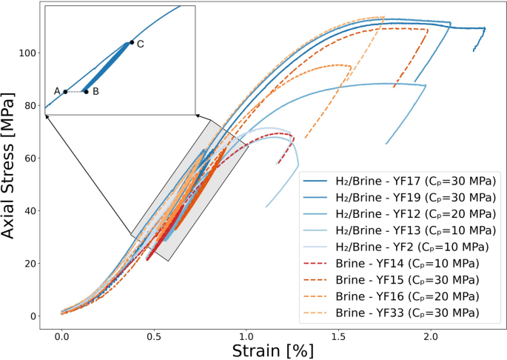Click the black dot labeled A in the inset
click(65, 92)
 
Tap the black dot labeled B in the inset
click(86, 92)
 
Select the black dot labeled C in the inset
click(132, 42)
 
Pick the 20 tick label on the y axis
click(31, 264)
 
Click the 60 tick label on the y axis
click(31, 159)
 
